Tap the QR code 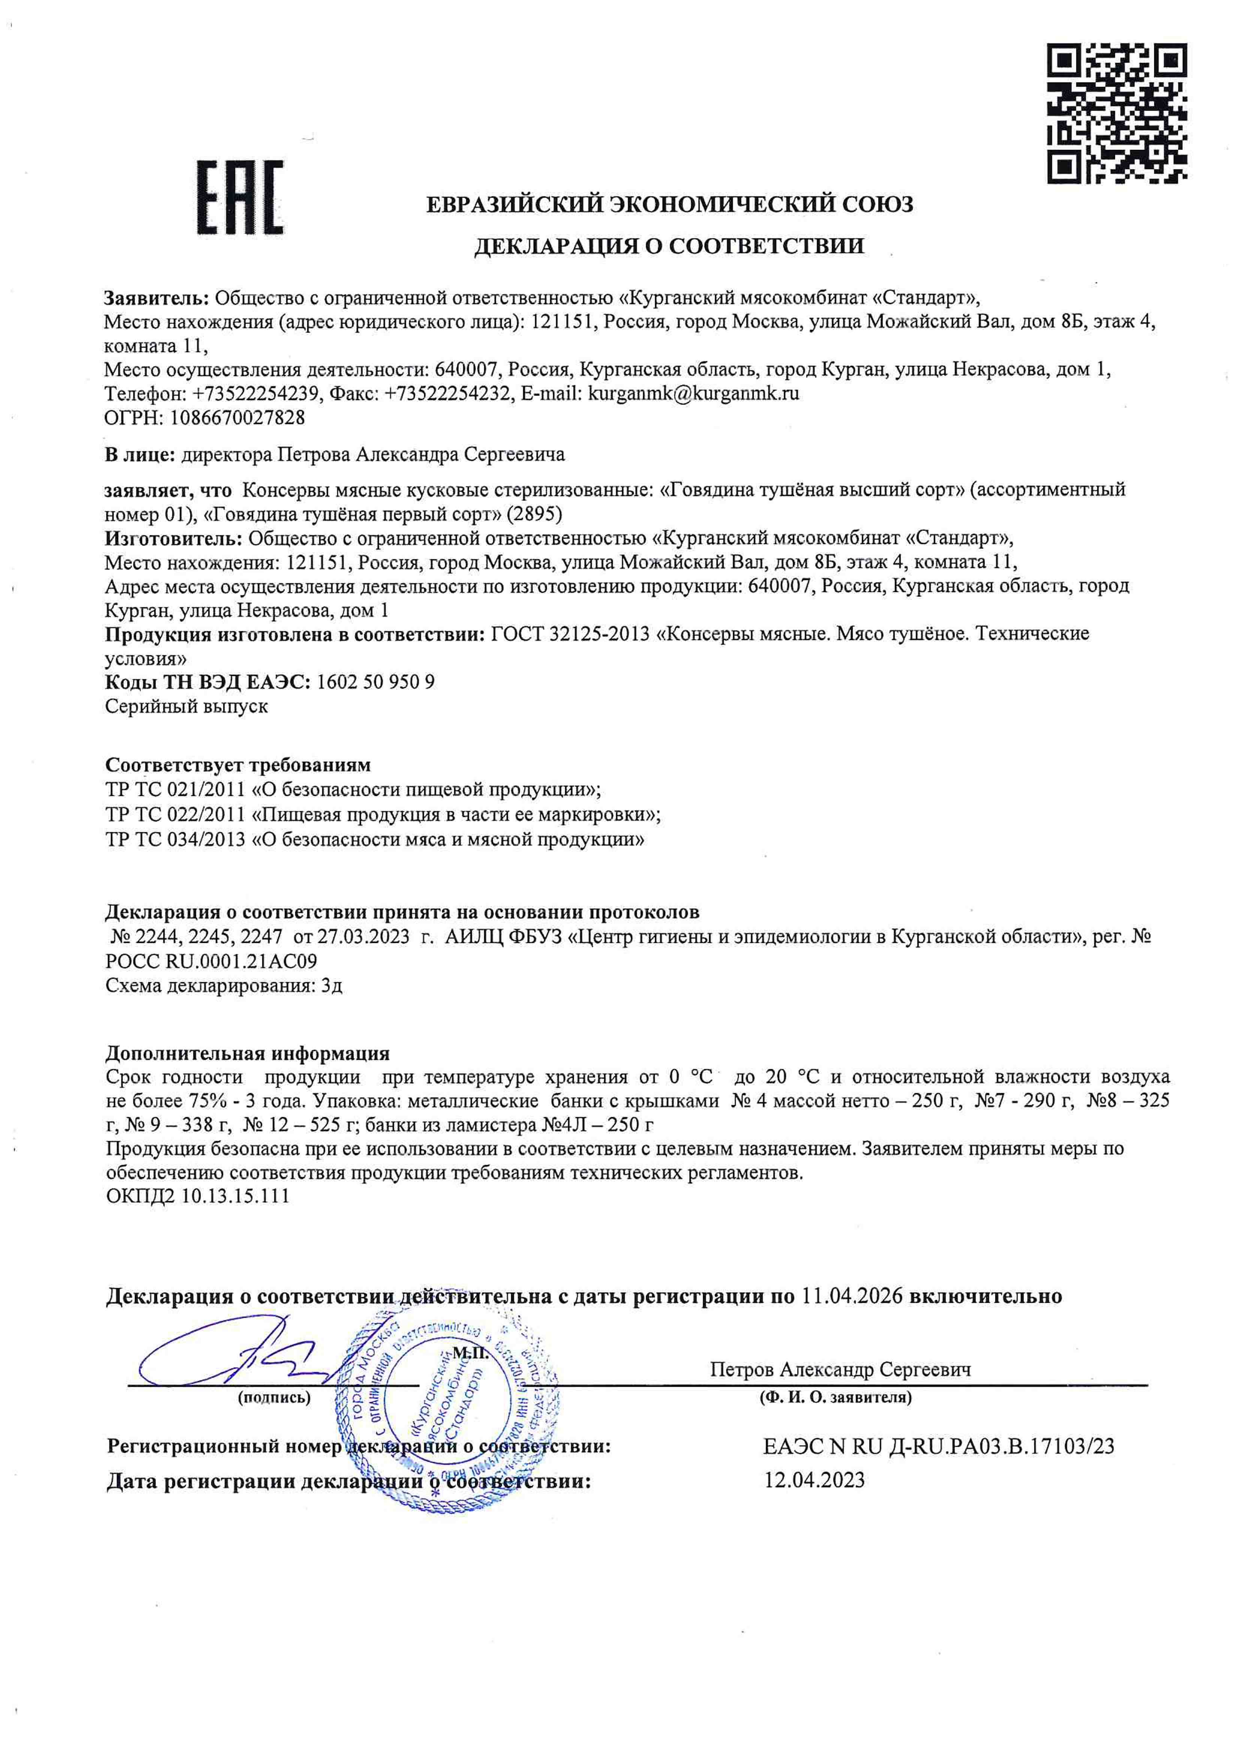[1116, 113]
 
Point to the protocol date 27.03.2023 [364, 937]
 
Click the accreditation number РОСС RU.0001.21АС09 [211, 961]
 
